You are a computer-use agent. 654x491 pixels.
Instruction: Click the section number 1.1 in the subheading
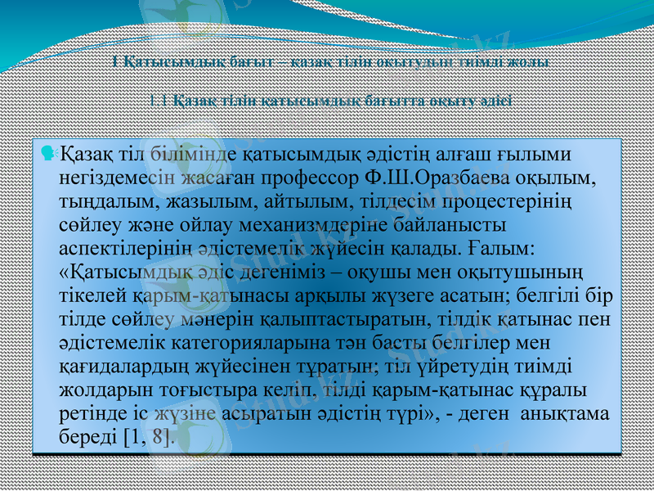(160, 101)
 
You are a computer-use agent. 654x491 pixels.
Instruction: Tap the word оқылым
(559, 176)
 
